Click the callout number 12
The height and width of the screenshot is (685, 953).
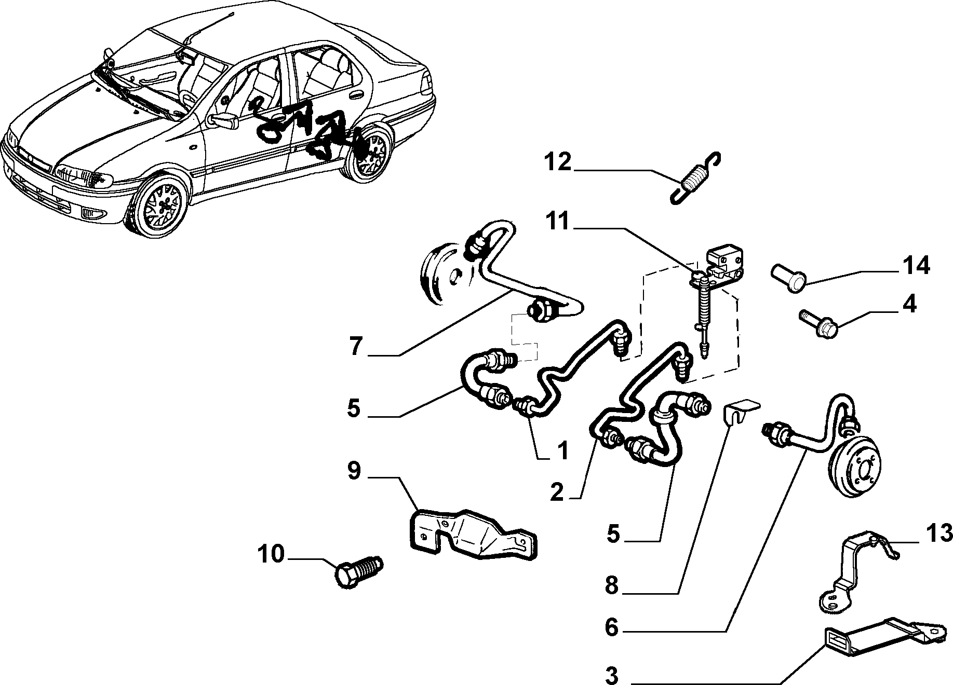click(558, 163)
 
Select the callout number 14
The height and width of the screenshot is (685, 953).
click(916, 266)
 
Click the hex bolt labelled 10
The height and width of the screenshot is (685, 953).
click(359, 570)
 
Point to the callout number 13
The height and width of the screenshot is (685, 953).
click(939, 533)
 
